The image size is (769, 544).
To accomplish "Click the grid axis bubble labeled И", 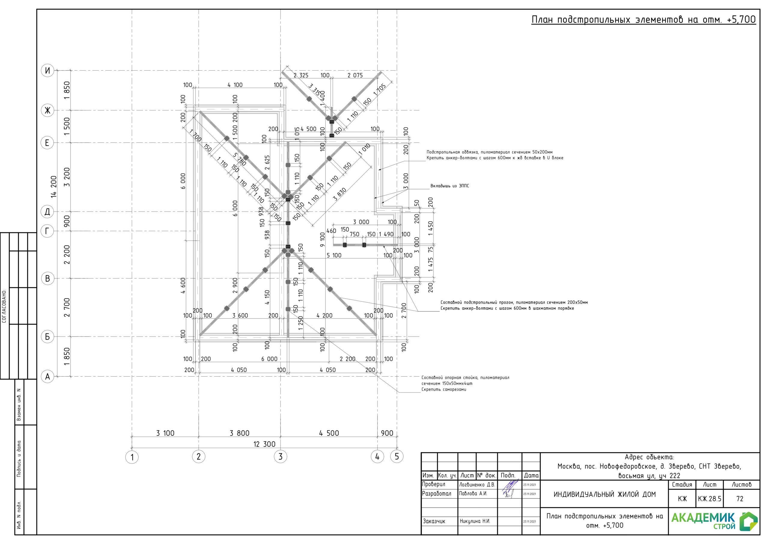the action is [47, 71].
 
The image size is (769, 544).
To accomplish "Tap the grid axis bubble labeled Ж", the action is [47, 110].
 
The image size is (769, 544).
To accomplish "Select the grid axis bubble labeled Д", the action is [47, 212].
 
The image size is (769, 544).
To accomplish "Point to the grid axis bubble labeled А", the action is [47, 377].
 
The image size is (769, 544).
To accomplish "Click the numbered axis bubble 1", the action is [132, 457].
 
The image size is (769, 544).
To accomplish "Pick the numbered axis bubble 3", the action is [281, 457].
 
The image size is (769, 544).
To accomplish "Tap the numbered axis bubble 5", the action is [397, 457].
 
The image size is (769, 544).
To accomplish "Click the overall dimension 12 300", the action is [264, 444].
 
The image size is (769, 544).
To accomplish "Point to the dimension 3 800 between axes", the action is [239, 433].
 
